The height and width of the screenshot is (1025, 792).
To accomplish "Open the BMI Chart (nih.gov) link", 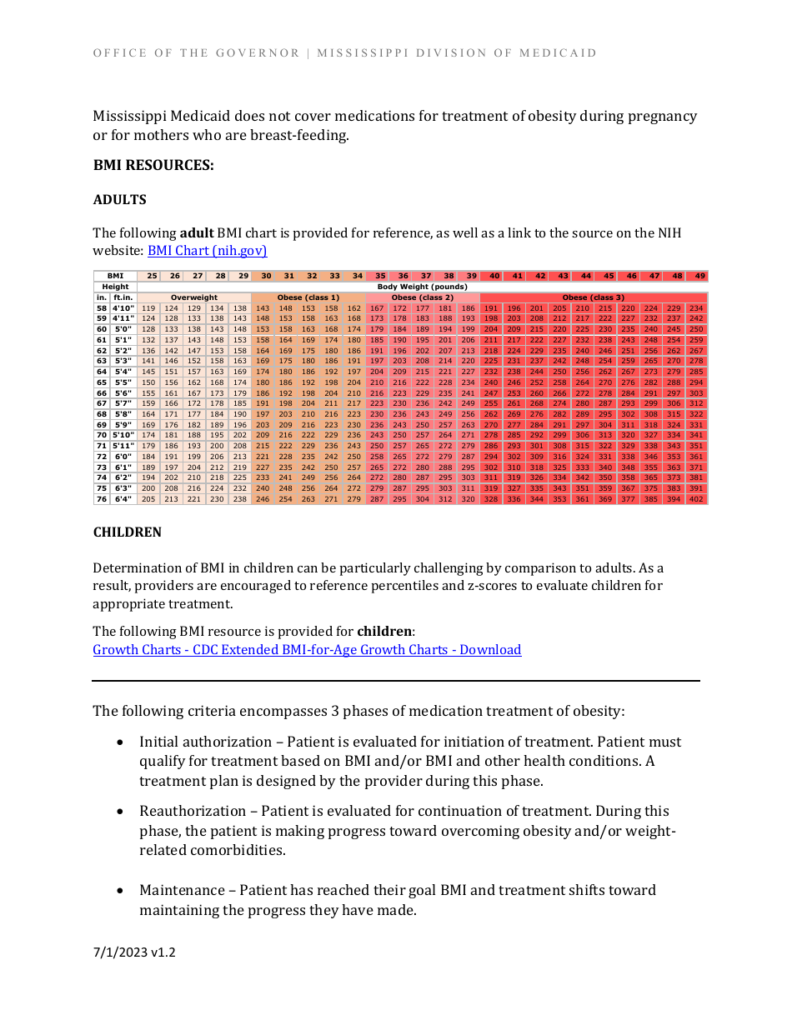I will (207, 250).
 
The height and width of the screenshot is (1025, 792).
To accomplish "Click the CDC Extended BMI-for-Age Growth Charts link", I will (307, 650).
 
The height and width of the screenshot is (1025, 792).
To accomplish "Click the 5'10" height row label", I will (123, 435).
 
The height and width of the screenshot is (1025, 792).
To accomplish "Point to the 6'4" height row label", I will (123, 499).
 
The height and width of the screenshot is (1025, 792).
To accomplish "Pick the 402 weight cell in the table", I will (696, 499).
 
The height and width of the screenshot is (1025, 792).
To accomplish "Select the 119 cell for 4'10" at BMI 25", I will (148, 308).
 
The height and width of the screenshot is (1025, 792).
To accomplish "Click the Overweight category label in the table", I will (194, 297).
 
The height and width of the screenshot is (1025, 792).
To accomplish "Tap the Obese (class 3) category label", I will (594, 297).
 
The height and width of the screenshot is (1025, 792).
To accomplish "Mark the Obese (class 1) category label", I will (308, 297).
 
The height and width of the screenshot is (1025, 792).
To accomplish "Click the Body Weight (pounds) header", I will (422, 287).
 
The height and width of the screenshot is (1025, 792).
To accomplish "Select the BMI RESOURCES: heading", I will (153, 165).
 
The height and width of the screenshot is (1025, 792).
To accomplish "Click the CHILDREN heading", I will (127, 532).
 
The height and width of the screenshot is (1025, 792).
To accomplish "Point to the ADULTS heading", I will (119, 200).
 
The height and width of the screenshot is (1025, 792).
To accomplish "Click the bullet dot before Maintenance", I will (122, 891).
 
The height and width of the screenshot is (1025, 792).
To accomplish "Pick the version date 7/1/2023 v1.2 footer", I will (134, 952).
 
